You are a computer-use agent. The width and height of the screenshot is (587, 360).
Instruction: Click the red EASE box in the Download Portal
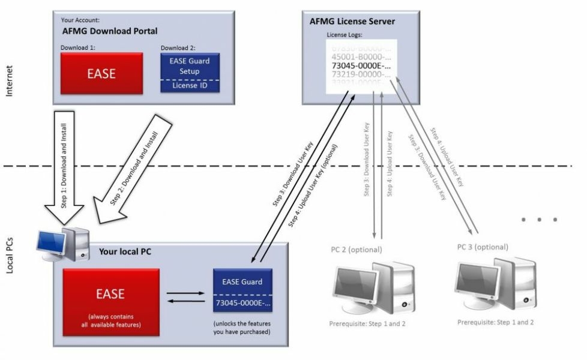[101, 74]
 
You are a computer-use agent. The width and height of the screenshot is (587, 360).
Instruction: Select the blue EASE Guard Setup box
[190, 65]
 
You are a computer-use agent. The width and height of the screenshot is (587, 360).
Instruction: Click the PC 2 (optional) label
[356, 249]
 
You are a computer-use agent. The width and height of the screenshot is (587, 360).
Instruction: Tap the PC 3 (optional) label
[482, 247]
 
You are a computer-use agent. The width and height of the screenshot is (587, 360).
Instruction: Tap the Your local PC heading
[124, 252]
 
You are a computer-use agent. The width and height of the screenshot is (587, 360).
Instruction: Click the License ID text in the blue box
[190, 85]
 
